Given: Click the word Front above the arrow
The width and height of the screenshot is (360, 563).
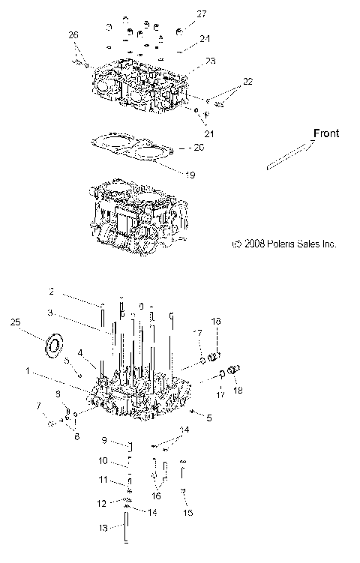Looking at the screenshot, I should click(x=326, y=133).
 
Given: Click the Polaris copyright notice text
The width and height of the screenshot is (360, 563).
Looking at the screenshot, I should click(x=284, y=244).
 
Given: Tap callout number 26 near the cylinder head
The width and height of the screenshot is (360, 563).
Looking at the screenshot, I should click(x=73, y=35).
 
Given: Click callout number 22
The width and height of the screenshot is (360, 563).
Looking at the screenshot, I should click(x=247, y=81).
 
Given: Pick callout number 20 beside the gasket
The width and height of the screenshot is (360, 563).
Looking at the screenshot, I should click(x=199, y=147).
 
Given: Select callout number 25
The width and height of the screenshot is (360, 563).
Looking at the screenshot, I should click(x=14, y=322).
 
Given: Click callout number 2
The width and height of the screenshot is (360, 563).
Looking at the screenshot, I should click(x=52, y=291).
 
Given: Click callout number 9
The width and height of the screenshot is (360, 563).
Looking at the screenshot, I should click(x=105, y=440).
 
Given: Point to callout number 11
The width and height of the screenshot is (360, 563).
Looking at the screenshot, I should click(x=104, y=479).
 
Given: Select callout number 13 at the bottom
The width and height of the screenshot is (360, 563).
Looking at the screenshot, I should click(x=103, y=528).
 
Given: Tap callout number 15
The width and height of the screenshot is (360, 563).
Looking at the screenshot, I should click(x=188, y=512).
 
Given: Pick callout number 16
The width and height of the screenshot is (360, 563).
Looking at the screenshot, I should click(x=157, y=496).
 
